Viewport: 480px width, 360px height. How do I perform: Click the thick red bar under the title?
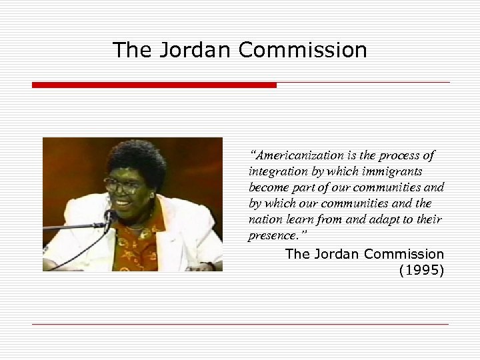click(x=154, y=85)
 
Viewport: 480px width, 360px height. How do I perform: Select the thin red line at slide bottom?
click(x=240, y=325)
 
